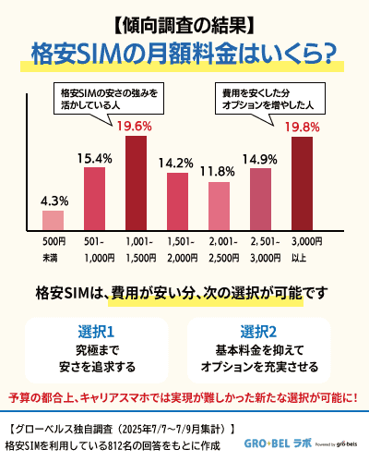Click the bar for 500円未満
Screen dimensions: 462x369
(x=54, y=221)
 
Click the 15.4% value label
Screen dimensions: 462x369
(x=95, y=157)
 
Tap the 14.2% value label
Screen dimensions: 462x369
(x=177, y=163)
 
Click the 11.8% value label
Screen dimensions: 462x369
(x=219, y=171)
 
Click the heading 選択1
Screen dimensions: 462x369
(x=96, y=331)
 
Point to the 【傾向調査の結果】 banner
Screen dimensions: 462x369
(x=184, y=21)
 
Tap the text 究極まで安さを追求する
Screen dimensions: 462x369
(x=96, y=359)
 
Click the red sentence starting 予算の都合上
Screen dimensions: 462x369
(x=184, y=397)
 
